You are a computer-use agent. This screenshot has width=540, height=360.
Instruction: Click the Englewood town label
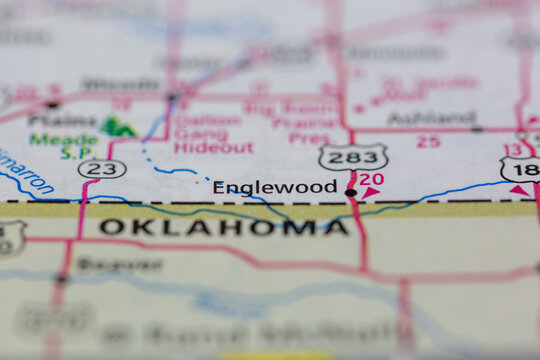point(274,187)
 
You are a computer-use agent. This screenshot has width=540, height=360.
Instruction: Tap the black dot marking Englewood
point(350,192)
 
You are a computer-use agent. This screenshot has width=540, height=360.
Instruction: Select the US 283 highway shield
point(353,157)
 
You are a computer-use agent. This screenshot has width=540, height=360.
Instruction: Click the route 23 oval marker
point(102,169)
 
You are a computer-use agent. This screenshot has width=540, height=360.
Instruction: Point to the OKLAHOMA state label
point(224,227)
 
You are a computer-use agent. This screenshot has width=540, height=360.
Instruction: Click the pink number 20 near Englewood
point(372,179)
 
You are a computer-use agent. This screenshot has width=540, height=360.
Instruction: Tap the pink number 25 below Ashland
point(428,142)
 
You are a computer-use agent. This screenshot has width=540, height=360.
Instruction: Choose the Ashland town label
point(431,118)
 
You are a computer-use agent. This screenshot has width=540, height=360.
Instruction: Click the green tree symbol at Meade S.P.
point(119,127)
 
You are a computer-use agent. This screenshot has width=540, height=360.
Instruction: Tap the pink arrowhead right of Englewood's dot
point(370,191)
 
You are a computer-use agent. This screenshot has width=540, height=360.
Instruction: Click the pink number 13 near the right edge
point(513,150)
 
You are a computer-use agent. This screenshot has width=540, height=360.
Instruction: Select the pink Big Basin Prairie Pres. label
point(293,123)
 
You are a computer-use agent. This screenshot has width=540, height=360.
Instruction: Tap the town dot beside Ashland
point(477,128)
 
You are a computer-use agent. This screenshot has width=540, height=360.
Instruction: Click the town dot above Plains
point(52,103)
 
